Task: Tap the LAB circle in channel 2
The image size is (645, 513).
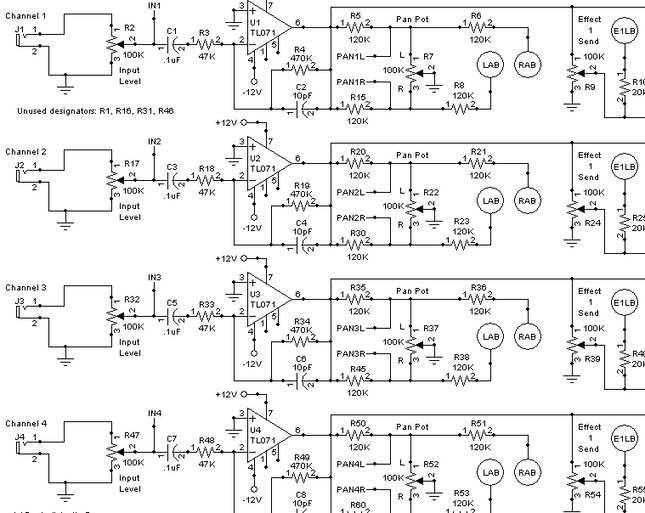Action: [489, 201]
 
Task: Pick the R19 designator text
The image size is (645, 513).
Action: [301, 184]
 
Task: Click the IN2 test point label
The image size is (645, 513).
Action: [154, 142]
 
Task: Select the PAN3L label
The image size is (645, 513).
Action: [350, 327]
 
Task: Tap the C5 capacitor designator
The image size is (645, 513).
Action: [172, 302]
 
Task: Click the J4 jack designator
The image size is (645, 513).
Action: [20, 437]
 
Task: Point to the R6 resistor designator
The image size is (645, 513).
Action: [476, 16]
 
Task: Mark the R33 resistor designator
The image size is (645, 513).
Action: [207, 304]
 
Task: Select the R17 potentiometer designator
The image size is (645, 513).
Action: [131, 164]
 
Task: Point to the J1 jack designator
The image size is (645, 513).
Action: [20, 30]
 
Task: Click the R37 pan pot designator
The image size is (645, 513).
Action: [431, 328]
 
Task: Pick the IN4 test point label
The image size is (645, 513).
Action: [154, 413]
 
